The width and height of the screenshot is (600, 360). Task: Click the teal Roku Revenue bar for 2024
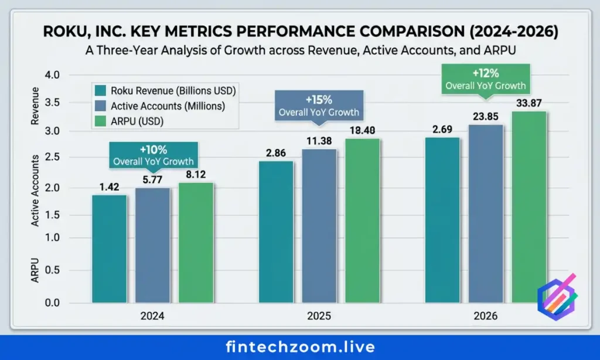click(x=110, y=249)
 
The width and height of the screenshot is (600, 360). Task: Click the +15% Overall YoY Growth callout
click(x=318, y=106)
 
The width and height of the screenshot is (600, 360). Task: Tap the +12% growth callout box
click(x=486, y=79)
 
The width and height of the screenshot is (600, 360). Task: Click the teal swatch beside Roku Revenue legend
click(x=100, y=91)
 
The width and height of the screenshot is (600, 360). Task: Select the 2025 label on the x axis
click(x=319, y=316)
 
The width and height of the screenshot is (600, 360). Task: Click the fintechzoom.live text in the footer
click(x=300, y=347)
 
